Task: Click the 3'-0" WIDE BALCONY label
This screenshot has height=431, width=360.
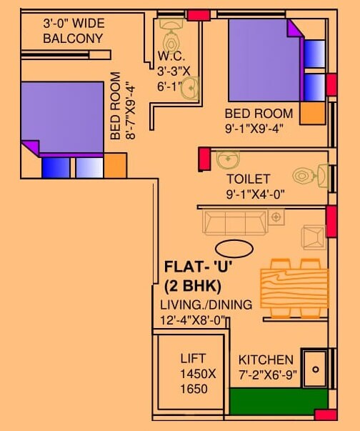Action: [73, 31]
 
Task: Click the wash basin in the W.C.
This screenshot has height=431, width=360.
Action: [190, 88]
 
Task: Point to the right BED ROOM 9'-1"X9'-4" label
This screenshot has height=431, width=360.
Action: [259, 119]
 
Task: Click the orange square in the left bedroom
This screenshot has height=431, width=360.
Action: [115, 166]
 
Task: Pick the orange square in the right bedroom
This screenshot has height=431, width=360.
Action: [312, 112]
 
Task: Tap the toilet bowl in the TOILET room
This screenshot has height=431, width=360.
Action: [305, 174]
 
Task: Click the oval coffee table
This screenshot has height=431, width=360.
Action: [234, 249]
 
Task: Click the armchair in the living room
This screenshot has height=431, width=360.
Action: [314, 236]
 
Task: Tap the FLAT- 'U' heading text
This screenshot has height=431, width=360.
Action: [199, 268]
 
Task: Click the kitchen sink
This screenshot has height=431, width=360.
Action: [314, 368]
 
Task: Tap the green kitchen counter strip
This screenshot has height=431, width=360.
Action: [279, 401]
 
